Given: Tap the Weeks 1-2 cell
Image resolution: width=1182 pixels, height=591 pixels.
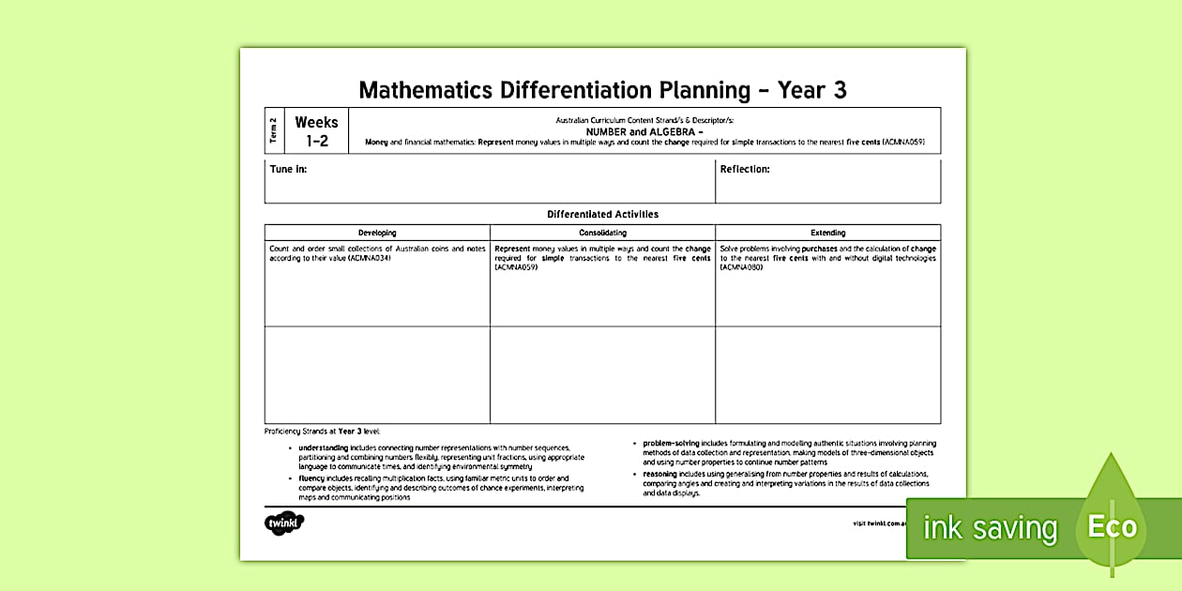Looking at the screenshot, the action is (316, 131).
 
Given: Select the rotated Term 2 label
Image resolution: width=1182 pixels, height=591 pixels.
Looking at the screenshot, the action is (274, 131).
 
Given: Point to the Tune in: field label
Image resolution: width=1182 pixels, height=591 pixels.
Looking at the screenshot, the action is (288, 170).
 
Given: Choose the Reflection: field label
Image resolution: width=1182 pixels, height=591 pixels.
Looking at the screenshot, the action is (745, 170).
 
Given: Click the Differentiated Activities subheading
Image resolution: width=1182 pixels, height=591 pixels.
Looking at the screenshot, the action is (602, 214).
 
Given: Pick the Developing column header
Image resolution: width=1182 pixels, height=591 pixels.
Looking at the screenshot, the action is (377, 233).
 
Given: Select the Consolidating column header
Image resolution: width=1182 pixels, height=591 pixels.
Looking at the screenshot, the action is (602, 233).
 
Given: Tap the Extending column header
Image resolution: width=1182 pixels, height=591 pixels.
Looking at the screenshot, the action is (827, 233).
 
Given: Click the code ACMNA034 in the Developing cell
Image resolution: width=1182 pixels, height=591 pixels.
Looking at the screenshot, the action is (369, 258).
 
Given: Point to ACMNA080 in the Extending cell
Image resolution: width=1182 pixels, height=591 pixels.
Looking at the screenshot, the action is (742, 267).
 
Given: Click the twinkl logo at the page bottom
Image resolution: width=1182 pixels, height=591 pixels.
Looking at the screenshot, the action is (284, 523).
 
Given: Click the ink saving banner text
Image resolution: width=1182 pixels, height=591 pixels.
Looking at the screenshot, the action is (990, 528).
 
